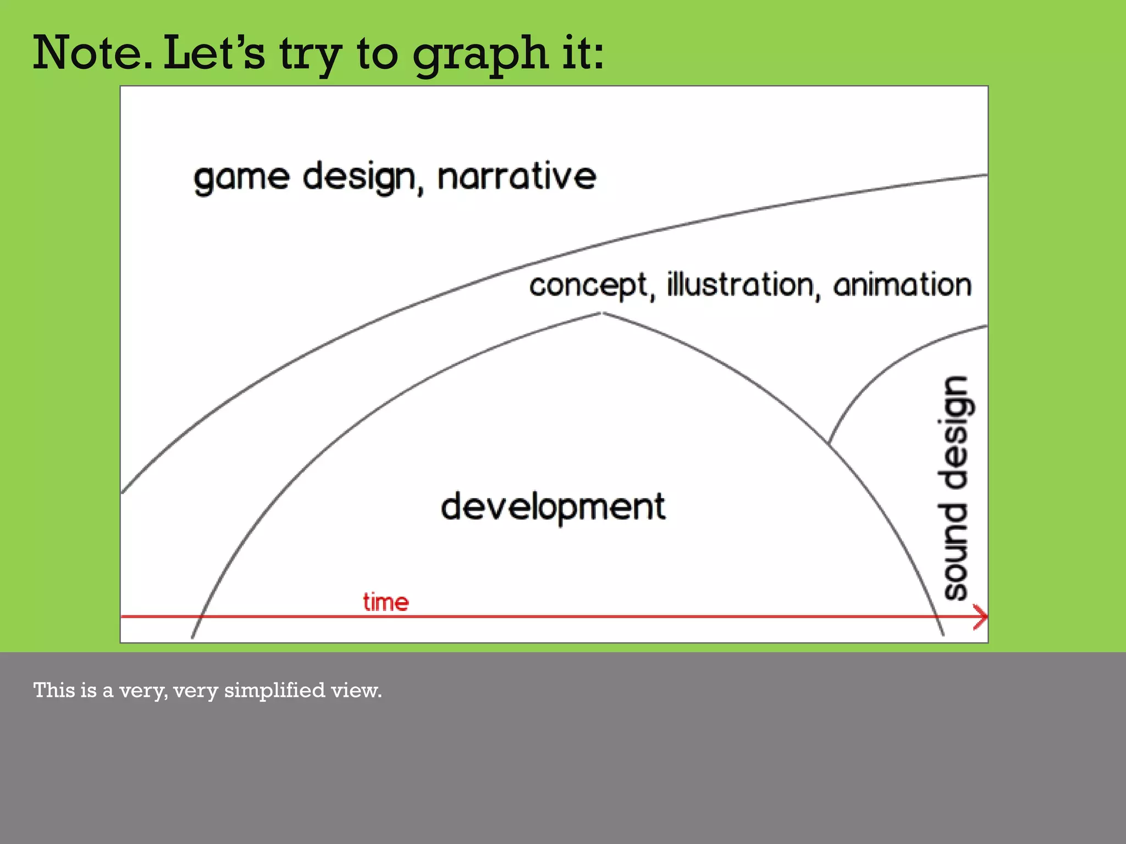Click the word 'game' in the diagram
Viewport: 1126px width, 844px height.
pyautogui.click(x=241, y=178)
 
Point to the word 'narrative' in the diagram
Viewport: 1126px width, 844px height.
pyautogui.click(x=517, y=176)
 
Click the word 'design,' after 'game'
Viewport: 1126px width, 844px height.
pyautogui.click(x=363, y=178)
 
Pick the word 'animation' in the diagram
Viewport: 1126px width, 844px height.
pyautogui.click(x=902, y=285)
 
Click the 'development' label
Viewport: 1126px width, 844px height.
pyautogui.click(x=553, y=507)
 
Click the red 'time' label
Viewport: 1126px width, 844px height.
pyautogui.click(x=386, y=602)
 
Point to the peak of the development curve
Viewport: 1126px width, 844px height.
pyautogui.click(x=602, y=313)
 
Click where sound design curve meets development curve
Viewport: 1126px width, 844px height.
pyautogui.click(x=829, y=442)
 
